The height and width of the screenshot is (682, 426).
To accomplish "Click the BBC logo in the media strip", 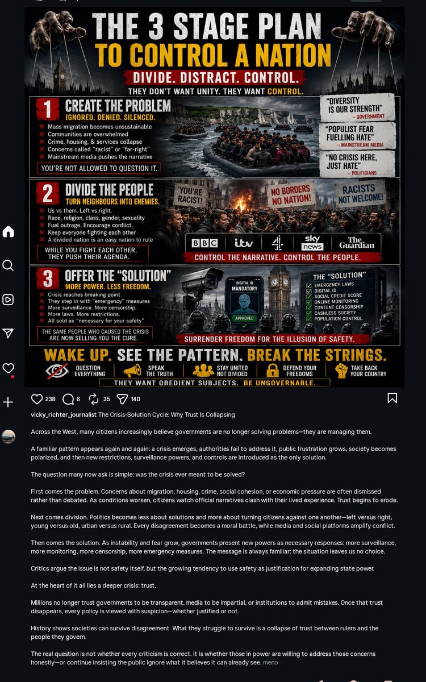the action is point(204,243).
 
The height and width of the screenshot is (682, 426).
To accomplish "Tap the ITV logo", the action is point(244,243).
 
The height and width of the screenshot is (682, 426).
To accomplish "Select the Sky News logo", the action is point(312,242).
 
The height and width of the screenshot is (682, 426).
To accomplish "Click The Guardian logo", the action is point(357,243).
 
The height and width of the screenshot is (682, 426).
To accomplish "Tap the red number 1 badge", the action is point(48,109).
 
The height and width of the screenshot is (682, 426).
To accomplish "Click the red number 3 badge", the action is point(48,278).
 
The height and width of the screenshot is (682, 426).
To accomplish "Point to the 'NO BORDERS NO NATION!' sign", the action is point(291,195).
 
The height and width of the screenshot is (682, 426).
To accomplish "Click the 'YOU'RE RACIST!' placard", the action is point(190,196).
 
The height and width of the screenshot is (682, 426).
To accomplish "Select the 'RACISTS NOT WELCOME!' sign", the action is point(361,193).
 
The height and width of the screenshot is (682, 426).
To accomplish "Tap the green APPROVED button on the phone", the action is point(244,318).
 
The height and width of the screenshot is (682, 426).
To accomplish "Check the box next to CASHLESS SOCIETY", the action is point(309,313).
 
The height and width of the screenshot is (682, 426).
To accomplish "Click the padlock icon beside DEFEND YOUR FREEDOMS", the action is point(273,371).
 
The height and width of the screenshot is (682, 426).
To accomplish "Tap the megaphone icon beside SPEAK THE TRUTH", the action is point(133,371).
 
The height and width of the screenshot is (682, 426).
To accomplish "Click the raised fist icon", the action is point(341,371).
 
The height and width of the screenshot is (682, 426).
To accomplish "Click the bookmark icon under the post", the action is point(392,398).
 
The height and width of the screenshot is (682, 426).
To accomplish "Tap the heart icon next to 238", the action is point(37,399).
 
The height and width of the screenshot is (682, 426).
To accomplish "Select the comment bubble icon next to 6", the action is point(68,399).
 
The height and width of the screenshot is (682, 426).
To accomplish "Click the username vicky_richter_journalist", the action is point(64,415).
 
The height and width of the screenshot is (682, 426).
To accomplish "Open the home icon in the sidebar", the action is point(8,231).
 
